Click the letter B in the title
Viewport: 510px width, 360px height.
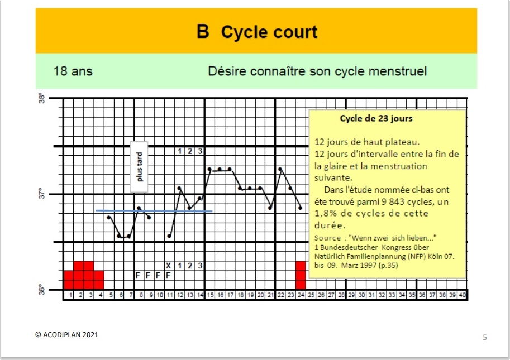coord(203,31)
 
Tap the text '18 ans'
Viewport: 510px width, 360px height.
coord(73,71)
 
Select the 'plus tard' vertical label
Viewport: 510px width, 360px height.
coord(139,167)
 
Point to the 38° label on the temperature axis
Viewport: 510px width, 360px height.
coord(42,98)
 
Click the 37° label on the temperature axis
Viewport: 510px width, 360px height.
coord(42,194)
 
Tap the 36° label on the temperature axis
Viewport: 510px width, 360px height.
coord(42,290)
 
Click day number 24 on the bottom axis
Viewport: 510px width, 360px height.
coord(301,295)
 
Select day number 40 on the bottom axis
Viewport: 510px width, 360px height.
coord(462,295)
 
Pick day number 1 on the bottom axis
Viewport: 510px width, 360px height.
coord(70,295)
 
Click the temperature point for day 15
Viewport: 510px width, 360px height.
coord(210,169)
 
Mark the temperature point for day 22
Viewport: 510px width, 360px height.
coord(280,169)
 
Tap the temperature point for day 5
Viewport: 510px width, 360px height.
coord(109,217)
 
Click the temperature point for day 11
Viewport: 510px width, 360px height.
coord(169,236)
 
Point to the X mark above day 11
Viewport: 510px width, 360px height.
coord(168,266)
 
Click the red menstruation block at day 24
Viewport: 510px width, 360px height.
coord(301,275)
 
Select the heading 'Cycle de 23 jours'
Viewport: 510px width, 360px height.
coord(376,118)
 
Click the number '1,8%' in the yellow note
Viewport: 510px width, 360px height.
coord(323,213)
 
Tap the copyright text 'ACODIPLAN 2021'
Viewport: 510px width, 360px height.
coord(70,335)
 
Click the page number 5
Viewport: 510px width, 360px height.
coord(485,338)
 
